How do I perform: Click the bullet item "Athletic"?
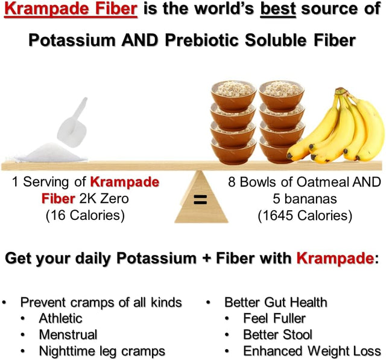point(60,318)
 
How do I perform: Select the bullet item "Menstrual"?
point(68,334)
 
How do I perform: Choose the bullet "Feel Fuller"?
point(274,318)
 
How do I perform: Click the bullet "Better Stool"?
point(278,334)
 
